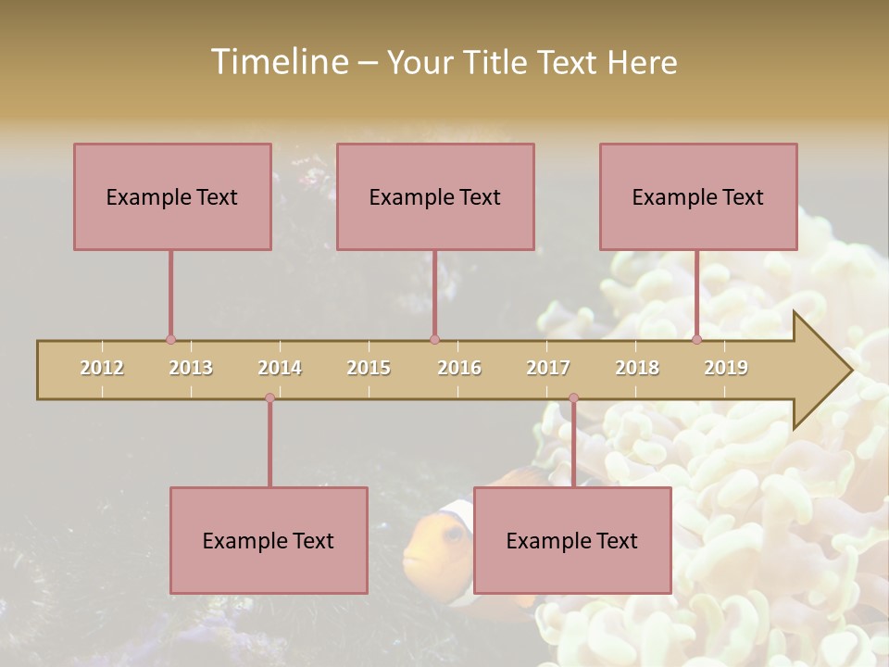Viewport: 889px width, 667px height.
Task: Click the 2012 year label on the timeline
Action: coord(102,368)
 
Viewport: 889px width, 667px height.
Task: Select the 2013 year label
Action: coord(191,368)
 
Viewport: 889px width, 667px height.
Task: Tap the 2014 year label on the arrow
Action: coord(280,368)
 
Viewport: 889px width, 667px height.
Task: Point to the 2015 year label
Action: coord(369,368)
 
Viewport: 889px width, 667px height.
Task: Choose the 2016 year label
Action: coord(459,368)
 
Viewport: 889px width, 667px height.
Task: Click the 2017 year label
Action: coord(548,368)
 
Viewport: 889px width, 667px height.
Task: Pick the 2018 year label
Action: coord(637,368)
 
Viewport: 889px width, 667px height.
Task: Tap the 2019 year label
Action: coord(726,368)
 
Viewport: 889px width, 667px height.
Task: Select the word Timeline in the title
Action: coord(278,62)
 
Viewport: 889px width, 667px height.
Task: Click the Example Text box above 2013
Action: coord(172,196)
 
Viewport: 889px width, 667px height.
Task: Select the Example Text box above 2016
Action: coord(435,196)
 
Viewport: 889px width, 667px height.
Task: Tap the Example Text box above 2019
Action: coord(698,196)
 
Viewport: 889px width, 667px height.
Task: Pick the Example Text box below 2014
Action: coord(269,540)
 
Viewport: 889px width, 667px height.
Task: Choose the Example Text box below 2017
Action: coord(572,540)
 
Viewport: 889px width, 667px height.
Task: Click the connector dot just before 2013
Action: coord(170,340)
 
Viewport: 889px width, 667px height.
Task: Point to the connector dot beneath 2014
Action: coord(269,398)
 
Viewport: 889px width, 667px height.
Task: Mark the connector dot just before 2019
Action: coord(696,340)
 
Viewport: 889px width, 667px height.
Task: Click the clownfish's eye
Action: coord(454,535)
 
